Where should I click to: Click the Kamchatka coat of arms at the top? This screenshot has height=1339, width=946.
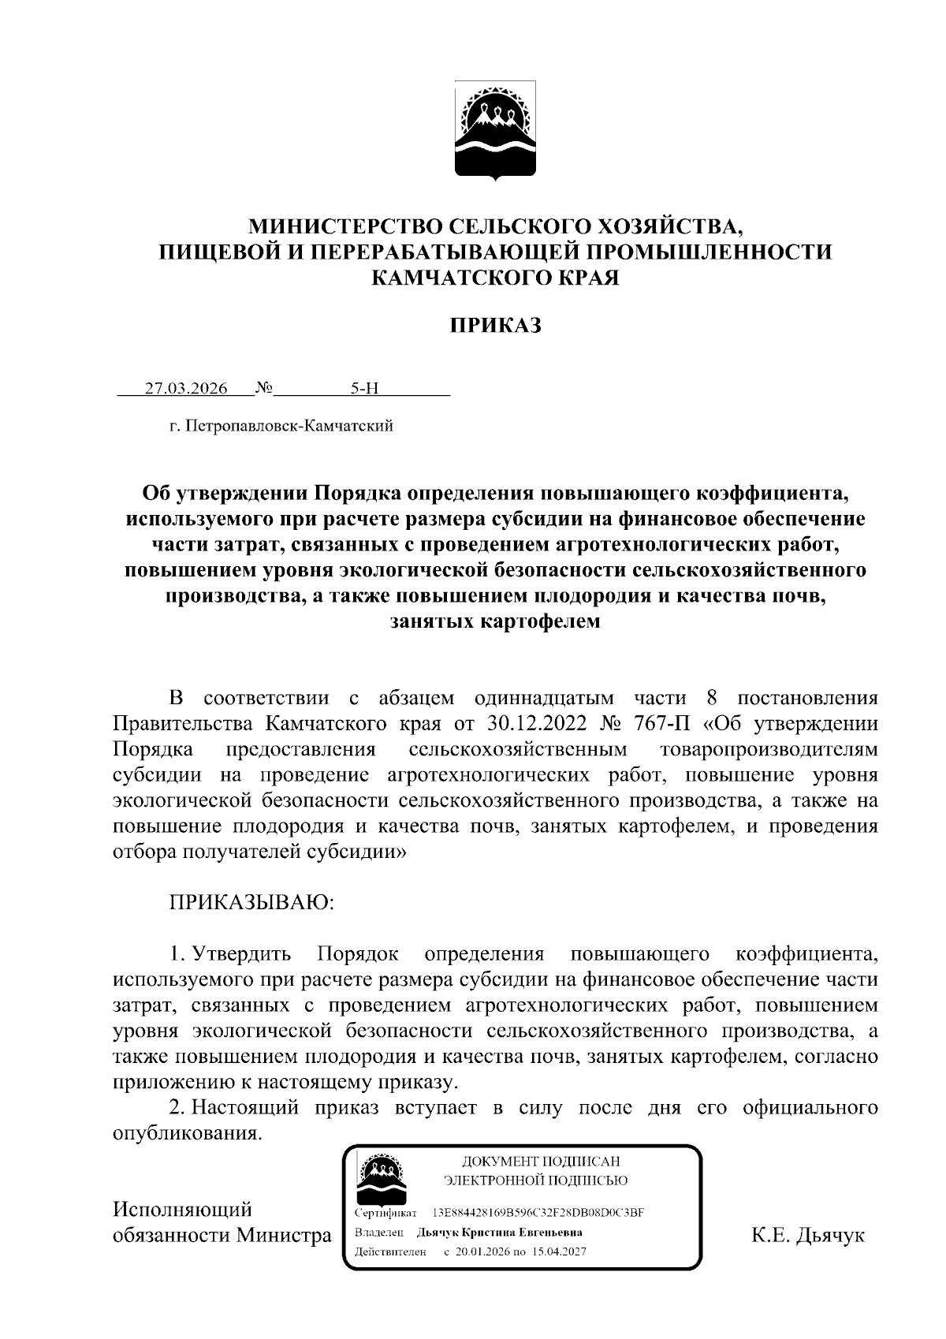[496, 131]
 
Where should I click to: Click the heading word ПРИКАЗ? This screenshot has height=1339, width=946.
[496, 325]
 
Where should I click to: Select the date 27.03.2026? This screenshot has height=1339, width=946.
[186, 388]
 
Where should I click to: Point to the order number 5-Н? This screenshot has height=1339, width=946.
[365, 388]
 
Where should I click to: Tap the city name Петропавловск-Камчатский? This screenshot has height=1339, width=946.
[287, 427]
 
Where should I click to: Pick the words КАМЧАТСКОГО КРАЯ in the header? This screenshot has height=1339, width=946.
[495, 278]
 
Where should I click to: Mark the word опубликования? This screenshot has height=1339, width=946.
[187, 1133]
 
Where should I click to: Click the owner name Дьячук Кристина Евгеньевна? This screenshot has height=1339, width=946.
[500, 1232]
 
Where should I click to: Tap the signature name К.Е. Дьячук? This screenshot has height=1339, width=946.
[808, 1235]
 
